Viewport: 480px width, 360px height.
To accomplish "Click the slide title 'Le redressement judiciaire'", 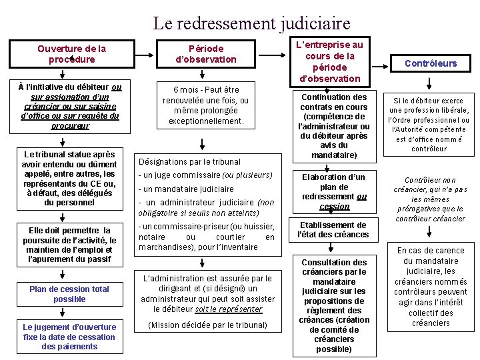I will (x=251, y=24).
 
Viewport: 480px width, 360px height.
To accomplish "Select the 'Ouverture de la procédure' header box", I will (x=71, y=54).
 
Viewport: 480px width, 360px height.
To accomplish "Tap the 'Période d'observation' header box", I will (x=206, y=54).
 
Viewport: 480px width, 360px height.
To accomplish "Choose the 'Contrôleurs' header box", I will (x=431, y=63).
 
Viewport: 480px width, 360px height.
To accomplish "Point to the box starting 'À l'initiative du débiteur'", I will (x=70, y=106).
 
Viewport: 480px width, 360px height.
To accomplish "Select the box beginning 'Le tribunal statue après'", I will (x=70, y=178).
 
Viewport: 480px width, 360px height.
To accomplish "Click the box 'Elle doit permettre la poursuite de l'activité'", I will (x=70, y=245).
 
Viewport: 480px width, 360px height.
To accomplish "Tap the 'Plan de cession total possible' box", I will (x=70, y=294).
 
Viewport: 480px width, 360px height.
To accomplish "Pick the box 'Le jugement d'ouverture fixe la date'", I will (x=70, y=337).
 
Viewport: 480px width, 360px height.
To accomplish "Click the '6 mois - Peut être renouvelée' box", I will (x=206, y=105).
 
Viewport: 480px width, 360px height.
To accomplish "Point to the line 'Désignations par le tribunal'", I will (x=189, y=161).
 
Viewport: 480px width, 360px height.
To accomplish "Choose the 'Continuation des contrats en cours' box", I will (x=334, y=126).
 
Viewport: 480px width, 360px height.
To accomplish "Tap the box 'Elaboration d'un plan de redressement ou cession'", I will (x=334, y=192).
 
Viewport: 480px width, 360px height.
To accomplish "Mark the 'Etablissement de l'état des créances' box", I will (x=334, y=230).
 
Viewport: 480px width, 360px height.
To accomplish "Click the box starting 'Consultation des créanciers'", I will (x=334, y=305).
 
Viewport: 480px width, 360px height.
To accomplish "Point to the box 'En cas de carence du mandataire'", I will (x=431, y=287).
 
